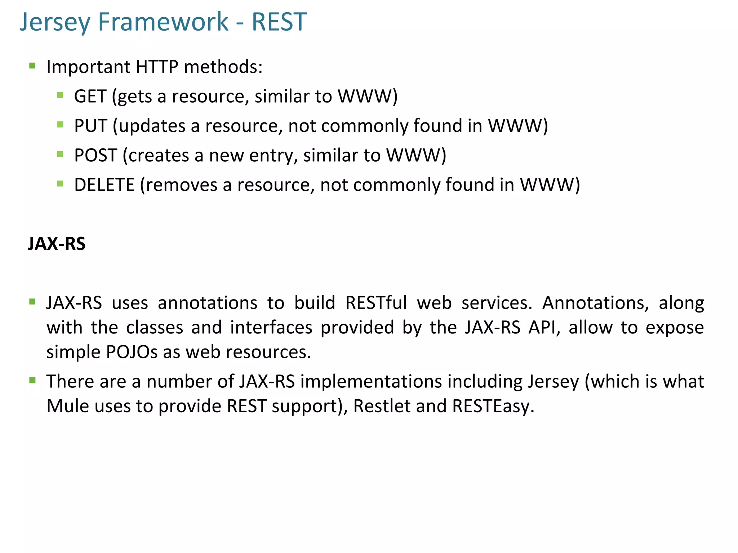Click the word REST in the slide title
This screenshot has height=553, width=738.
pyautogui.click(x=279, y=22)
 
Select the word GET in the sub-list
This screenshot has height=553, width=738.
pyautogui.click(x=90, y=96)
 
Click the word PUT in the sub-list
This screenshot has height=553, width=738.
pyautogui.click(x=90, y=126)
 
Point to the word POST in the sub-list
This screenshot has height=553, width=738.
pyautogui.click(x=95, y=156)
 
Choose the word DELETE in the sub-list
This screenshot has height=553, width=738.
pyautogui.click(x=104, y=185)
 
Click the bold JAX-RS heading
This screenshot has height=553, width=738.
pyautogui.click(x=57, y=244)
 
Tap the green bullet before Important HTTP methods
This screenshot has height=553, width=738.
pyautogui.click(x=32, y=66)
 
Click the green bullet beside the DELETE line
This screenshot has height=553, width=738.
pyautogui.click(x=60, y=184)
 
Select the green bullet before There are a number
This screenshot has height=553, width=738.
pyautogui.click(x=32, y=380)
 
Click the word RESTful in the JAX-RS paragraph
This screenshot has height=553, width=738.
pyautogui.click(x=376, y=303)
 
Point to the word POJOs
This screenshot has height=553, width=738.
pyautogui.click(x=132, y=352)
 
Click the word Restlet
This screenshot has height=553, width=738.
pyautogui.click(x=382, y=406)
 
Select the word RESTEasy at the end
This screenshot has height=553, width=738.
pyautogui.click(x=493, y=406)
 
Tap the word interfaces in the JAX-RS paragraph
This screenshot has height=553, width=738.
pyautogui.click(x=271, y=328)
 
